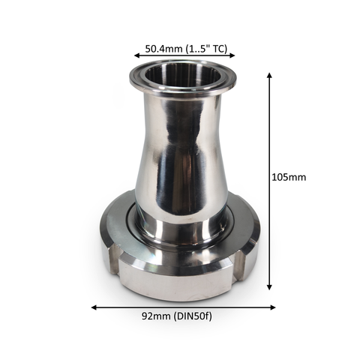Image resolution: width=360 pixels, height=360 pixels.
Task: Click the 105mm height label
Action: (x=289, y=177)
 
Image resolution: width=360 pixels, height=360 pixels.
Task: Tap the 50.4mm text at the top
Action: (x=163, y=49)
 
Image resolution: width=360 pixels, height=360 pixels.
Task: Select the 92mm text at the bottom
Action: (x=156, y=316)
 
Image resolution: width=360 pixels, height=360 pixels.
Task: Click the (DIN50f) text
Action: (x=193, y=316)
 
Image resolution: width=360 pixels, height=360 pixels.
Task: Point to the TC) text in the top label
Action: (x=220, y=49)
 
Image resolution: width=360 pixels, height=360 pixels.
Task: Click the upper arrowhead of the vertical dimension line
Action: (x=269, y=75)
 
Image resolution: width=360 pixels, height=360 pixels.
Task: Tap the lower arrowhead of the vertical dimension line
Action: (x=269, y=287)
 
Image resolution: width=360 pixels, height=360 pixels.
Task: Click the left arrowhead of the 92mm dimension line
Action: (x=94, y=307)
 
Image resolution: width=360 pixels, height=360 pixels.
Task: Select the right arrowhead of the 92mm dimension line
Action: (x=273, y=307)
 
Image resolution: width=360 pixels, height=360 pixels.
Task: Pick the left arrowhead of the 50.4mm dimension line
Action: (x=136, y=55)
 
